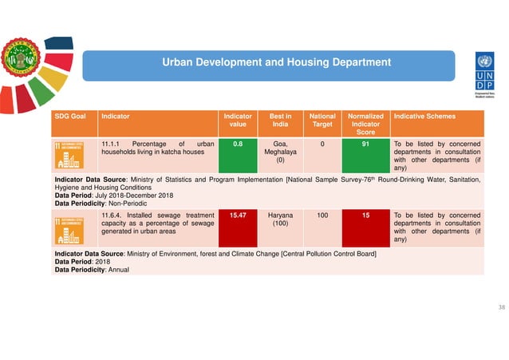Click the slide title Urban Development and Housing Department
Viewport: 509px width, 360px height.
pyautogui.click(x=277, y=62)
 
